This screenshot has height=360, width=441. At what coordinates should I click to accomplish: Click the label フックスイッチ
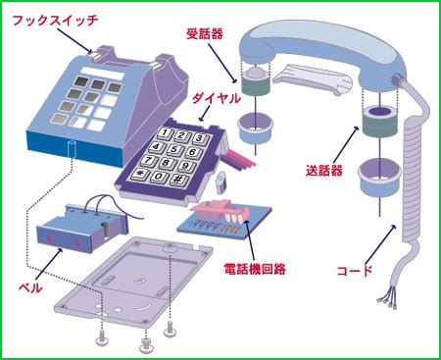point(55,21)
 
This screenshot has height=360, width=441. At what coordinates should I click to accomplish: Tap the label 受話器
point(205,33)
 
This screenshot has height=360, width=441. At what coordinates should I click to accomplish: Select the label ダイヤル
point(216,98)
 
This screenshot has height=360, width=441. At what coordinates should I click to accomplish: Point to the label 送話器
point(324,171)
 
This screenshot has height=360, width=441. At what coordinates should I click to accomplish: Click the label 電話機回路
point(255,269)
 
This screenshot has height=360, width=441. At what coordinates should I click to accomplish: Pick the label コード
point(355,271)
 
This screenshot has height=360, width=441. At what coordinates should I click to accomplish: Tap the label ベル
point(30,287)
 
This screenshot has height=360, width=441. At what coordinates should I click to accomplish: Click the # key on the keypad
point(179,180)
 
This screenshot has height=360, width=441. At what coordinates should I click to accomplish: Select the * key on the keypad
point(140,174)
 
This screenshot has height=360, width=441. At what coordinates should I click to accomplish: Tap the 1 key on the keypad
point(166,132)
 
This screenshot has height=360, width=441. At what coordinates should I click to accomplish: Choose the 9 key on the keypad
point(186,166)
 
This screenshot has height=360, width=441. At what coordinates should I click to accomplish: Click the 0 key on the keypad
point(159,177)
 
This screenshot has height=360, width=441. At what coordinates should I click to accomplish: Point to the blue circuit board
point(225,221)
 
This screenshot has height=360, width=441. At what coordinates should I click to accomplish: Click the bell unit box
point(81,229)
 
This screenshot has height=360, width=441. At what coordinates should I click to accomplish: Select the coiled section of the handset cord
point(412,179)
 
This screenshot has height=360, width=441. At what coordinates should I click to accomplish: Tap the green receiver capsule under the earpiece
point(256,85)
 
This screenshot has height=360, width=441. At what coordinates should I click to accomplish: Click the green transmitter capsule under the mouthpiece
point(380,123)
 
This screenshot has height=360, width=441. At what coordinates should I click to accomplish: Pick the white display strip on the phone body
point(103,73)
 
